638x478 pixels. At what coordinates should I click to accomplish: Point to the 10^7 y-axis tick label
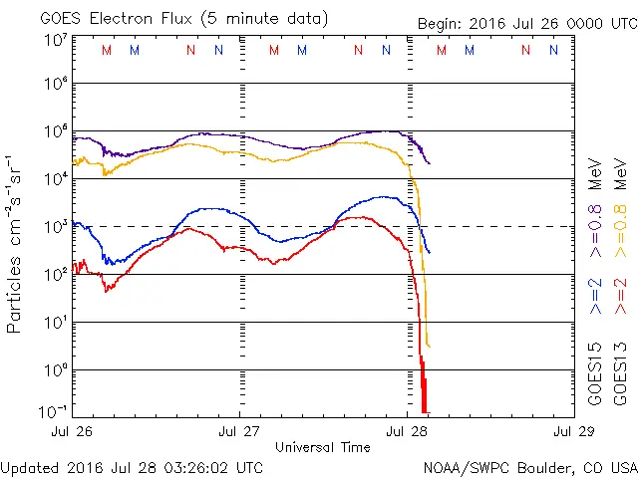click(55, 41)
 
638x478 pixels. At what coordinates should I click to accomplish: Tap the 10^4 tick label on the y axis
click(55, 178)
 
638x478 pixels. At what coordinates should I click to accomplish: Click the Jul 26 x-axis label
click(74, 432)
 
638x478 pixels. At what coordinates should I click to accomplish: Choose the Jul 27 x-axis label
click(240, 432)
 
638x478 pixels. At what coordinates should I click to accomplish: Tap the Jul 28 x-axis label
click(407, 432)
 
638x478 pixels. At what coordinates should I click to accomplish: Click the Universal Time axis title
click(323, 447)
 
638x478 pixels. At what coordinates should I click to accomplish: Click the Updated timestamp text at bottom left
click(133, 466)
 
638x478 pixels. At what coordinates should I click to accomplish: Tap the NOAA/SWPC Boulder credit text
click(528, 466)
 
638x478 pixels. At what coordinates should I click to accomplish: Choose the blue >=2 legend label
click(595, 298)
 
